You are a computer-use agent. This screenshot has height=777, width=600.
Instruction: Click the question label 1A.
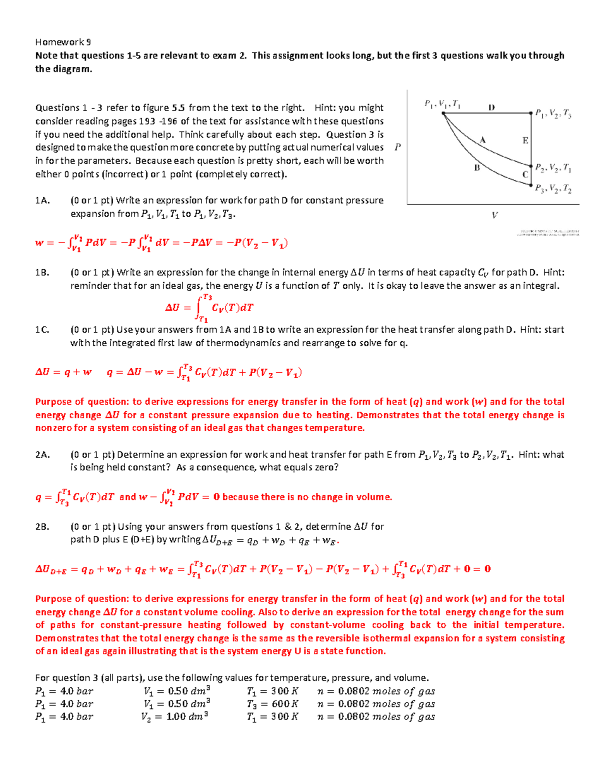pos(42,201)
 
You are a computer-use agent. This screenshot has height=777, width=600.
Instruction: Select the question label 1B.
pos(42,273)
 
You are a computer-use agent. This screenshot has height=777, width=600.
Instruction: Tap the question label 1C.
pos(42,330)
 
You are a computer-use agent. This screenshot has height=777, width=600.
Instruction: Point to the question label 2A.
pos(42,455)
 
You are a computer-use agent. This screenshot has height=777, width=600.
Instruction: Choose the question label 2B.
pos(42,527)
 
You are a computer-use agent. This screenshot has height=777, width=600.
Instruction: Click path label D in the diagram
pos(491,107)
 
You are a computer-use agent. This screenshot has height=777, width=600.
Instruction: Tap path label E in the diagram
pos(525,141)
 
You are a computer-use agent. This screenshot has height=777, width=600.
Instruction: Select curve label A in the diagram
pos(482,140)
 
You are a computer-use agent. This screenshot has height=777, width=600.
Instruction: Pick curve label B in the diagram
pos(476,168)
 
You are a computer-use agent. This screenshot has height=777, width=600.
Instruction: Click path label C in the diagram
pos(525,175)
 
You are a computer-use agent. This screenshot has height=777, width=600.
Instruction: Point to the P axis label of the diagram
pos(397,147)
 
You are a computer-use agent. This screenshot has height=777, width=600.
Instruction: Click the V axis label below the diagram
pos(494,216)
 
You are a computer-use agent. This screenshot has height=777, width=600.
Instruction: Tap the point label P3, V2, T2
pos(553,189)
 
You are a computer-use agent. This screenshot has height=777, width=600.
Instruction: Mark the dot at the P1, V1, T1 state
pos(443,114)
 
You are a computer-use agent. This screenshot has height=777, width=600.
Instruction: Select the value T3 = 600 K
pos(272,704)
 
